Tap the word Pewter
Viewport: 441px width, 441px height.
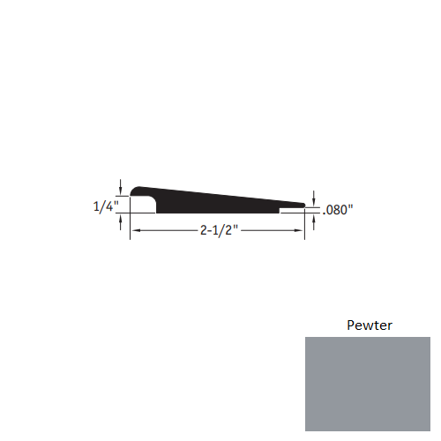pyautogui.click(x=367, y=325)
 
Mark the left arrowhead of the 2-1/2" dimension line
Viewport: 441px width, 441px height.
pyautogui.click(x=135, y=231)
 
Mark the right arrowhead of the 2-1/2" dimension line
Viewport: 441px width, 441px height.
pyautogui.click(x=300, y=231)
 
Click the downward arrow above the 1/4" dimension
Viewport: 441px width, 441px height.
pyautogui.click(x=120, y=184)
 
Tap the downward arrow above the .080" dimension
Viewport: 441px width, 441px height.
pyautogui.click(x=315, y=198)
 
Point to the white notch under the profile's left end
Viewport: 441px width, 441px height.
pyautogui.click(x=144, y=206)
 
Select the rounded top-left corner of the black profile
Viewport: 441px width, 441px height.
pyautogui.click(x=135, y=191)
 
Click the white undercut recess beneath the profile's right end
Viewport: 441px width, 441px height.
pyautogui.click(x=292, y=212)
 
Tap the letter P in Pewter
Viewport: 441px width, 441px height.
pyautogui.click(x=348, y=325)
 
